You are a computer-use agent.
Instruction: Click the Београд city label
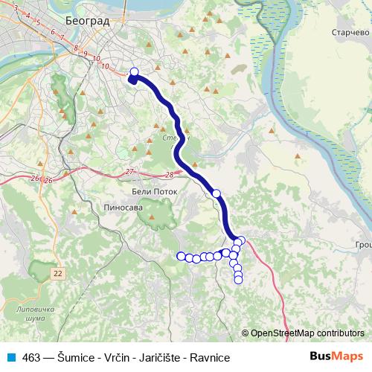pyautogui.click(x=87, y=22)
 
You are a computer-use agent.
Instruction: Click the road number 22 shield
pyautogui.click(x=58, y=274)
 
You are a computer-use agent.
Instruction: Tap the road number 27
pyautogui.click(x=130, y=172)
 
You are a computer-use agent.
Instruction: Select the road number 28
pyautogui.click(x=170, y=175)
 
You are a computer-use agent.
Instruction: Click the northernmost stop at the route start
pyautogui.click(x=135, y=72)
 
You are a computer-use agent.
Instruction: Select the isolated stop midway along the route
pyautogui.click(x=217, y=193)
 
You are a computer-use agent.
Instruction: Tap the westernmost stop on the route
pyautogui.click(x=180, y=256)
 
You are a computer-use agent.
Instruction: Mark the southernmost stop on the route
pyautogui.click(x=238, y=280)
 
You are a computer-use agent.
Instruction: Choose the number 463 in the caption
pyautogui.click(x=31, y=357)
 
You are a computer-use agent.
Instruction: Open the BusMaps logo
pyautogui.click(x=336, y=356)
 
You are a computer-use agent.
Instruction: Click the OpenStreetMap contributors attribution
pyautogui.click(x=306, y=333)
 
